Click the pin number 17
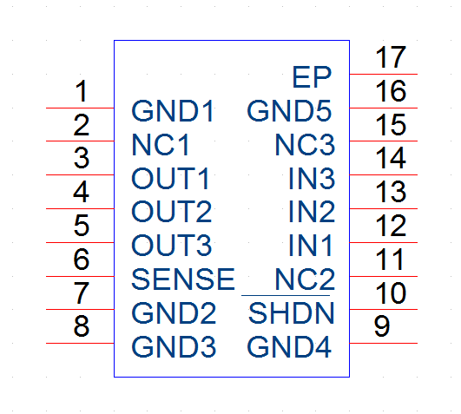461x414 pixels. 391,57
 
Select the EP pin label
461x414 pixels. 312,77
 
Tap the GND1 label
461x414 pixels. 173,111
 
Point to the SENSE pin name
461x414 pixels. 183,279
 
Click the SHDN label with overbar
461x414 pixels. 292,313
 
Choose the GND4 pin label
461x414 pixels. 289,347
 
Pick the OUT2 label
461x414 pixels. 171,212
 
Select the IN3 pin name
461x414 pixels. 312,178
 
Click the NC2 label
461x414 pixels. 305,279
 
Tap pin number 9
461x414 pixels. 382,325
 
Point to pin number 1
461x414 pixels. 82,91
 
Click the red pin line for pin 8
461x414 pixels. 80,343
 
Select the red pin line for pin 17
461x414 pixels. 384,74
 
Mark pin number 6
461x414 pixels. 81,259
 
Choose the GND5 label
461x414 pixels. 289,111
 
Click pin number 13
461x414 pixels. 391,192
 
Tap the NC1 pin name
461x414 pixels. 160,145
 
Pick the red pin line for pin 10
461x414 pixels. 384,309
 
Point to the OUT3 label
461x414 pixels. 171,246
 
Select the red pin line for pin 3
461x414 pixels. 80,174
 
